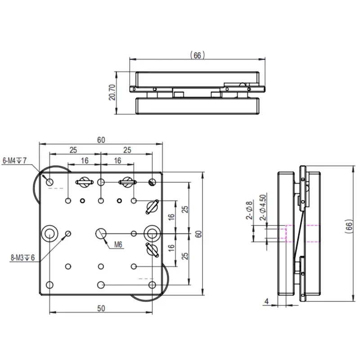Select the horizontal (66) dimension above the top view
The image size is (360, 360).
tap(197, 55)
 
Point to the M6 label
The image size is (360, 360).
tap(118, 245)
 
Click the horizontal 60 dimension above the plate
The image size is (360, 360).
tap(101, 140)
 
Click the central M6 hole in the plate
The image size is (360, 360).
tap(101, 233)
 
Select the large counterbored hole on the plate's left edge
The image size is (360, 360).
tap(49, 233)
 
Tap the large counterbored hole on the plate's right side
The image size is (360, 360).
tap(152, 233)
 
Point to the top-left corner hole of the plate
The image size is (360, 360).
tap(49, 182)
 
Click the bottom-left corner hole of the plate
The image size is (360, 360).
tap(49, 285)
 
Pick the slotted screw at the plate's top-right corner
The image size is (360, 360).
tap(152, 182)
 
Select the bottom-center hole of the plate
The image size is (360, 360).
tap(101, 285)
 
